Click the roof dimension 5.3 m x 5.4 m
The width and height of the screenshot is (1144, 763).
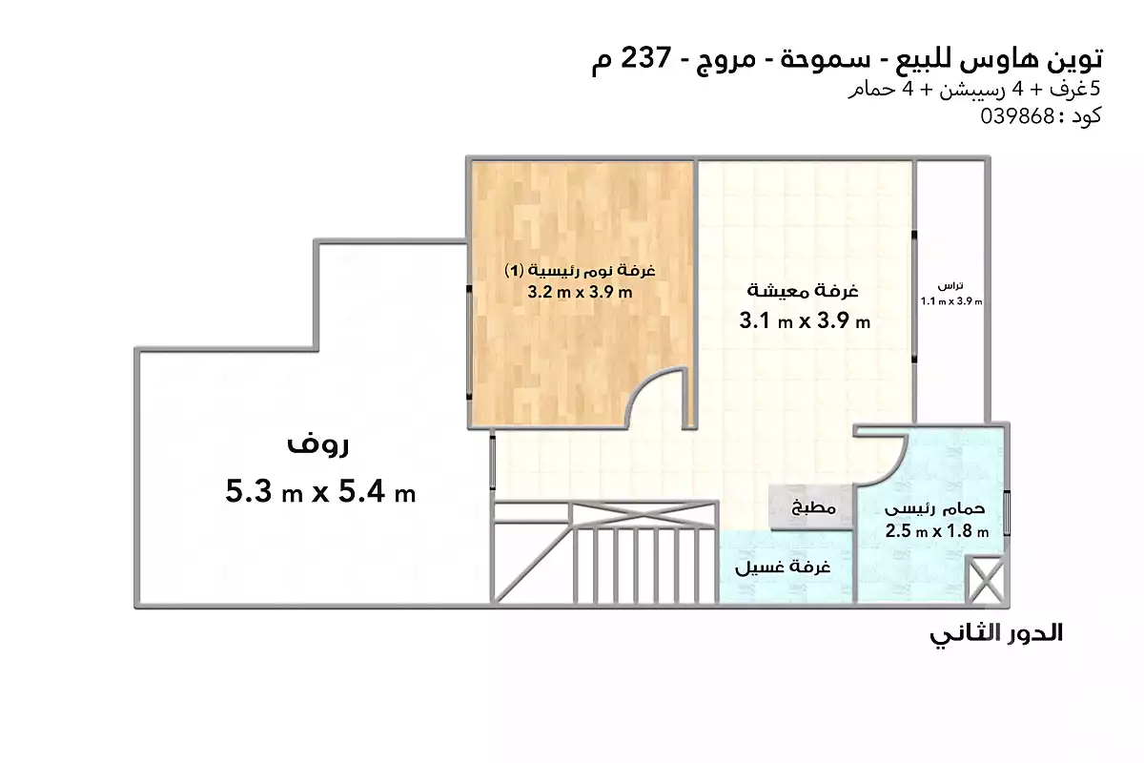pyautogui.click(x=320, y=491)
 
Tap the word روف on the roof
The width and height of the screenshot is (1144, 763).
pyautogui.click(x=317, y=443)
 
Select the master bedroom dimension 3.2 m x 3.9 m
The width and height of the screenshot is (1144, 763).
pyautogui.click(x=581, y=292)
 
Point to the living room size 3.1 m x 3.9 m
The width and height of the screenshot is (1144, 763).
pyautogui.click(x=805, y=321)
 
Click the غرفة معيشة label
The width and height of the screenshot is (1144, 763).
pyautogui.click(x=803, y=291)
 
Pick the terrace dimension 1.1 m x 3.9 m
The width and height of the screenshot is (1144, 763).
pyautogui.click(x=951, y=301)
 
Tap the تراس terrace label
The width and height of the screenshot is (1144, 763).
pyautogui.click(x=951, y=285)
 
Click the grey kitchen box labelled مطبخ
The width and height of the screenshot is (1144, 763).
pyautogui.click(x=811, y=506)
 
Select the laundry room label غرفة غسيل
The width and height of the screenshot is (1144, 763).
pyautogui.click(x=783, y=567)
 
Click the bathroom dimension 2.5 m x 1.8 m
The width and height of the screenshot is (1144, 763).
pyautogui.click(x=937, y=531)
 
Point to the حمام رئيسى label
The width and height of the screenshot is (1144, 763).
pyautogui.click(x=935, y=508)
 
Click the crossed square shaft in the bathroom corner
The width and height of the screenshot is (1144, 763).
pyautogui.click(x=986, y=580)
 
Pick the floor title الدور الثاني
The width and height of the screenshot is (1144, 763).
pyautogui.click(x=996, y=633)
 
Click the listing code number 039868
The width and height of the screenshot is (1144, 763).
pyautogui.click(x=1017, y=116)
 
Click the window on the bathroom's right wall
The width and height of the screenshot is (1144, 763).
pyautogui.click(x=1007, y=512)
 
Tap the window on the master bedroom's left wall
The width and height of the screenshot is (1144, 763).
pyautogui.click(x=469, y=342)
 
